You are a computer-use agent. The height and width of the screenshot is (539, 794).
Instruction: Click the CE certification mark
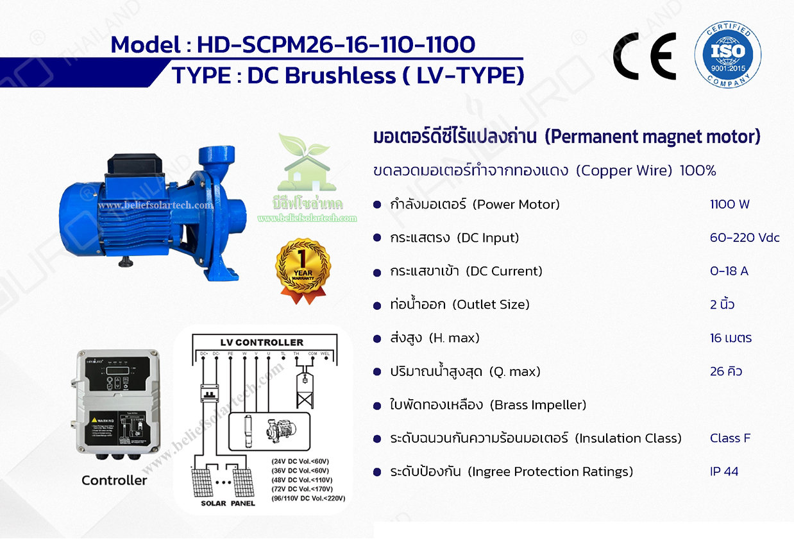[x=645, y=55]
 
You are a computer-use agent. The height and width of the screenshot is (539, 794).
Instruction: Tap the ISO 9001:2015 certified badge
[x=728, y=55]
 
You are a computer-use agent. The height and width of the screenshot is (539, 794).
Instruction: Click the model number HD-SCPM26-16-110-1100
[x=336, y=44]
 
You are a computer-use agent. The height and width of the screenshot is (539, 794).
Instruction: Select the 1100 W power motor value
[x=729, y=205]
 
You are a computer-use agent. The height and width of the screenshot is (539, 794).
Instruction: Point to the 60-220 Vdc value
[x=745, y=238]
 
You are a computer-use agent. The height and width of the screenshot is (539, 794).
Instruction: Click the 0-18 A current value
[x=729, y=271]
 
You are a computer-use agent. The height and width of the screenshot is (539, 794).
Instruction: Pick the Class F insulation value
[x=730, y=438]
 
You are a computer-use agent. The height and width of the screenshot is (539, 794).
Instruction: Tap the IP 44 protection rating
[x=724, y=472]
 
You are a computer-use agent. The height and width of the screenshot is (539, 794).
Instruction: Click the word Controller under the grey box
[x=114, y=480]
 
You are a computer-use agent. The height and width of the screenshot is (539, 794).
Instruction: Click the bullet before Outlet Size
[x=377, y=305]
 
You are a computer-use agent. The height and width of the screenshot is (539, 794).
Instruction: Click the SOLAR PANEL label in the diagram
[x=228, y=503]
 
